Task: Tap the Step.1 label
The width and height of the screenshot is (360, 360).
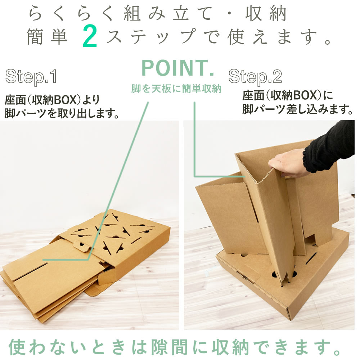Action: pyautogui.click(x=31, y=76)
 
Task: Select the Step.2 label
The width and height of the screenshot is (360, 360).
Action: pyautogui.click(x=255, y=76)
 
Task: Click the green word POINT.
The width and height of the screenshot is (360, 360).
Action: pyautogui.click(x=178, y=68)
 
